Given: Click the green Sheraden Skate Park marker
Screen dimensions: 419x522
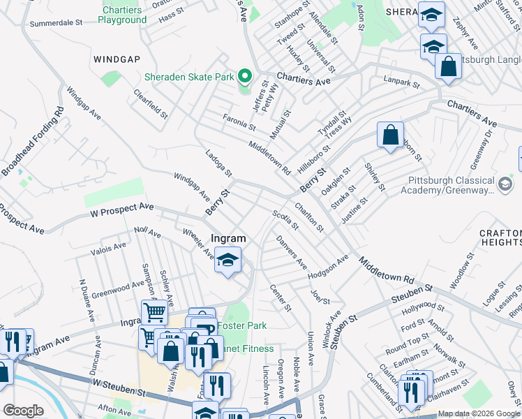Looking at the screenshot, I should point(244,76).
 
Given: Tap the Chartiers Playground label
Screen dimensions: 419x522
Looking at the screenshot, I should point(125,15).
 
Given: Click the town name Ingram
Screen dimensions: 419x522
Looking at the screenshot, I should point(228,238).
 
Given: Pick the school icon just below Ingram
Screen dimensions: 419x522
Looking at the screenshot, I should point(228,261).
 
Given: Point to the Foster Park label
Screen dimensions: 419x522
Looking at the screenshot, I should point(241,325).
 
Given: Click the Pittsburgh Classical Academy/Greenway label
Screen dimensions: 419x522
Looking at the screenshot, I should point(451,184).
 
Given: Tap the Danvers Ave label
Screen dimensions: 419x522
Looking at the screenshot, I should point(292,252).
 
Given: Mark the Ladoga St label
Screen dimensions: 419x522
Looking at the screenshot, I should point(218,163).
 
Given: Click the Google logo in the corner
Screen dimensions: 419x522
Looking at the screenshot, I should point(24,411).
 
